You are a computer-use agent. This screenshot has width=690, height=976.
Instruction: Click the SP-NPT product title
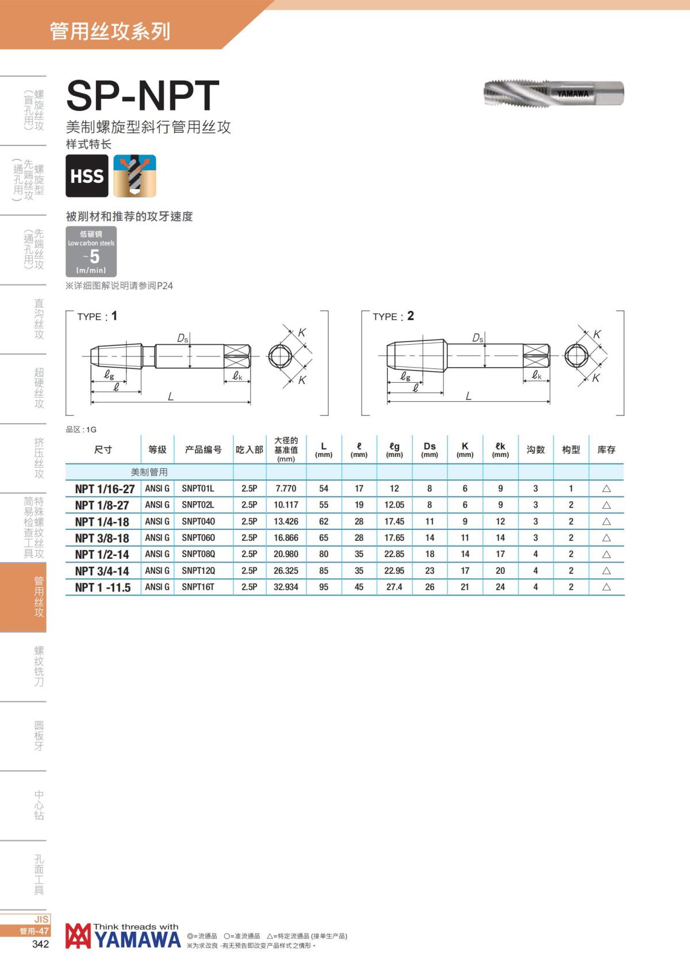[x=143, y=95]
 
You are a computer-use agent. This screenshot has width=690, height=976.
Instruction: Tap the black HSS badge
[x=87, y=176]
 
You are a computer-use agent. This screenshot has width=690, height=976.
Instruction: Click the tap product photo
[x=554, y=93]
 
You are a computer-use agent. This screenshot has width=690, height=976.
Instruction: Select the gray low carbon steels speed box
[x=91, y=251]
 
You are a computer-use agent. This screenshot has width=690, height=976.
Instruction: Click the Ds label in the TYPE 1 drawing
[x=183, y=338]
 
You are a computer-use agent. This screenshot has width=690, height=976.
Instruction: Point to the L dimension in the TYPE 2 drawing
[x=469, y=396]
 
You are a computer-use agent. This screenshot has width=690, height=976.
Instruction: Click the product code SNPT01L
[x=198, y=489]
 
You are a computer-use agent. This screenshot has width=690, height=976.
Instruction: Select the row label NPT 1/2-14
[x=102, y=555]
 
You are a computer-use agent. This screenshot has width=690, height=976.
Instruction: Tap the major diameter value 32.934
[x=286, y=587]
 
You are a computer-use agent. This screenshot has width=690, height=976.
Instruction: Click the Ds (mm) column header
[x=430, y=449]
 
